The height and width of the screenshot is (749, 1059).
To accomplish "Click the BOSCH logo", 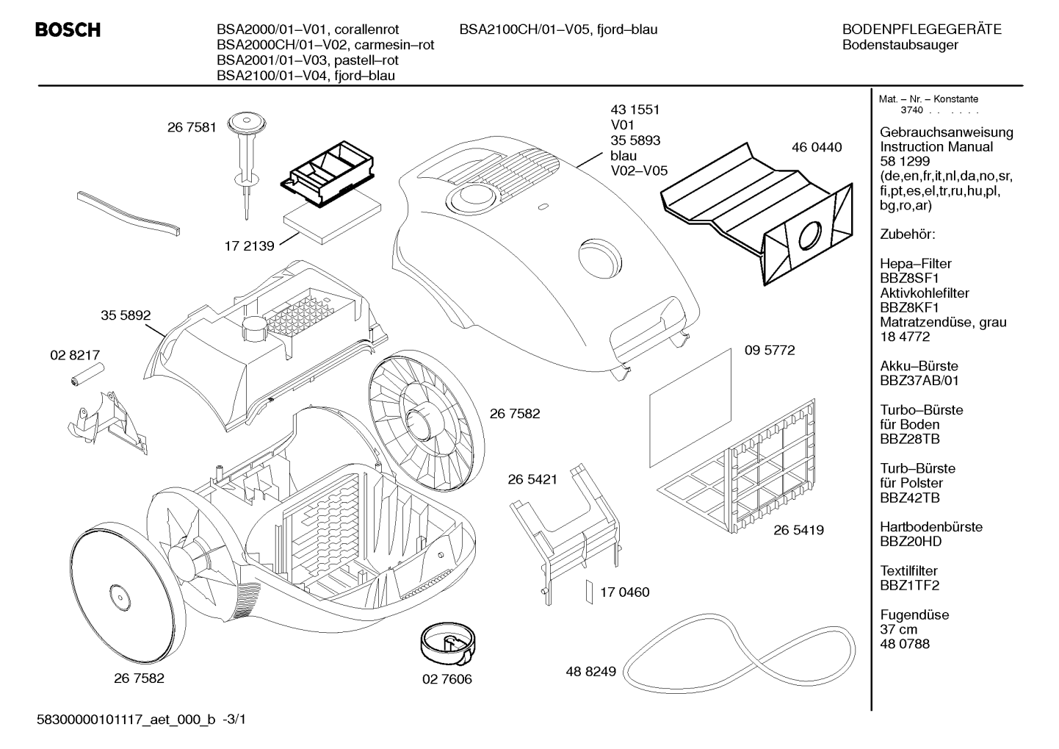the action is pyautogui.click(x=68, y=30).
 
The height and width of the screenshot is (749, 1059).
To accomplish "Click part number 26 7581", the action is pyautogui.click(x=192, y=127).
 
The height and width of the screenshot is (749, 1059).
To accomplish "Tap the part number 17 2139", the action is pyautogui.click(x=249, y=246).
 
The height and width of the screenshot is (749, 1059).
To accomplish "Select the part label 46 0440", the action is pyautogui.click(x=817, y=147).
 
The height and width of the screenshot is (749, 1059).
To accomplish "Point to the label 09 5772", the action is pyautogui.click(x=770, y=350).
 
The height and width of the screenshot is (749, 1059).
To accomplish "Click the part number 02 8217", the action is pyautogui.click(x=75, y=355).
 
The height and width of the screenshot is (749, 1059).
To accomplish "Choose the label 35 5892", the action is pyautogui.click(x=126, y=315).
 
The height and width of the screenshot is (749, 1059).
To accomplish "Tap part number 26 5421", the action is pyautogui.click(x=533, y=479).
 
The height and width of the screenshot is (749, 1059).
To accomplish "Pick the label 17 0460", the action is pyautogui.click(x=624, y=592).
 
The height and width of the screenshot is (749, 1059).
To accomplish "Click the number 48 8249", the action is pyautogui.click(x=591, y=671).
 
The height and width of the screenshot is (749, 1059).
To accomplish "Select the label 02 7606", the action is pyautogui.click(x=447, y=679).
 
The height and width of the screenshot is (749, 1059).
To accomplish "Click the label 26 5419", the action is pyautogui.click(x=798, y=530).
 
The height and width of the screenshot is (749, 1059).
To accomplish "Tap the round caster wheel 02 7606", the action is pyautogui.click(x=448, y=645).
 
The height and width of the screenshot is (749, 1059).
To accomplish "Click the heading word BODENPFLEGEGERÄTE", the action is pyautogui.click(x=922, y=29).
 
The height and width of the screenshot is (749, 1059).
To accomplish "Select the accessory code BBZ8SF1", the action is pyautogui.click(x=909, y=279).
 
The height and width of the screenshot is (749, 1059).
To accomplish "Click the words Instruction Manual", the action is pyautogui.click(x=936, y=147).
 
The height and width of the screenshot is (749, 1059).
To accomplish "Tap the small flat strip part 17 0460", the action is pyautogui.click(x=589, y=592).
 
